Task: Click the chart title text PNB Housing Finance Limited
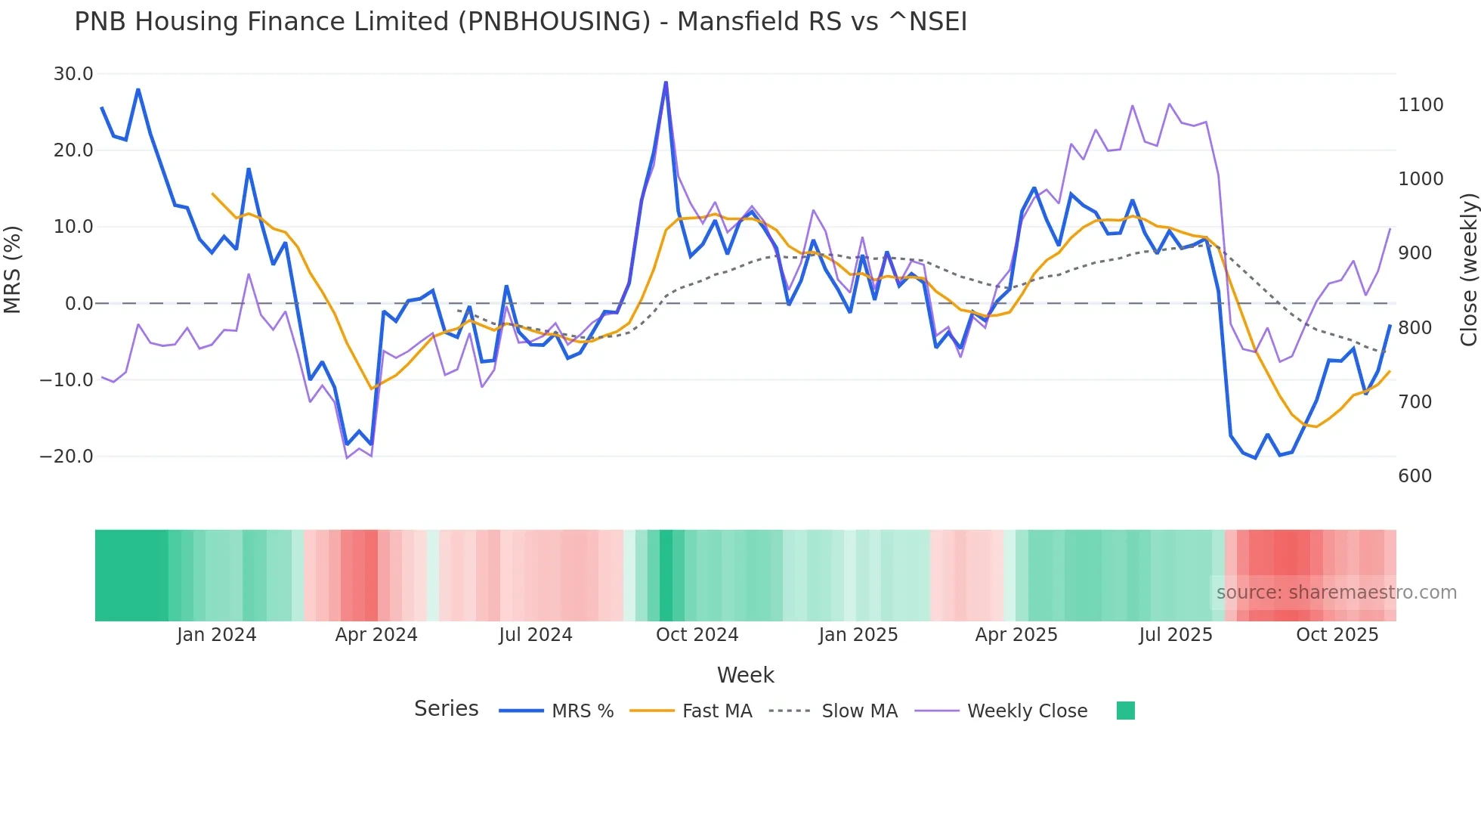click(520, 22)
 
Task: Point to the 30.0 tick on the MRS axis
click(73, 74)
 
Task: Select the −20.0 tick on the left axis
click(66, 457)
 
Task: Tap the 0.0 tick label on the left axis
click(79, 304)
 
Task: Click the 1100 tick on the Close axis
click(1421, 105)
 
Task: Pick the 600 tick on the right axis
click(1415, 476)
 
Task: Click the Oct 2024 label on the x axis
click(697, 635)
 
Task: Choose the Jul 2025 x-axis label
click(1175, 635)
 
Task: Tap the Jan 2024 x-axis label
click(216, 635)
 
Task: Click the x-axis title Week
click(745, 675)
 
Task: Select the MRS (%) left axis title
click(13, 269)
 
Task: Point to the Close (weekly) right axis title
click(1468, 270)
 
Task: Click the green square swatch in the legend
click(1125, 711)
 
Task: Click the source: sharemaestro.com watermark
click(1336, 593)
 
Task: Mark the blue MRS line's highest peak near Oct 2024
click(666, 82)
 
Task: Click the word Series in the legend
click(446, 709)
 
